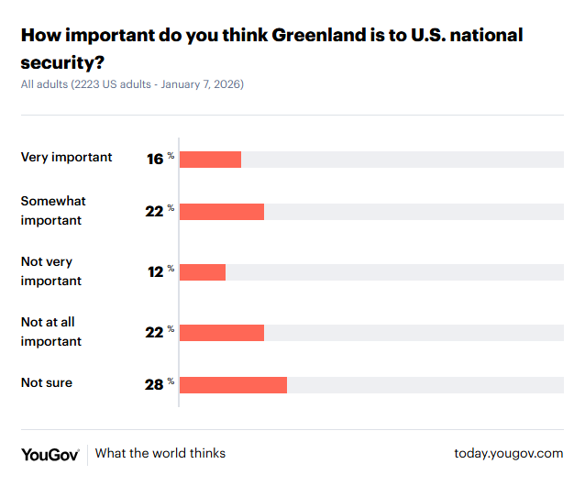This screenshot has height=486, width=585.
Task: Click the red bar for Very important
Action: click(210, 159)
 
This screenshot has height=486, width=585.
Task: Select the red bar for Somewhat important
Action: click(222, 211)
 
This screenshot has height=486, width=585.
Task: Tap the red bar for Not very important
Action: click(203, 272)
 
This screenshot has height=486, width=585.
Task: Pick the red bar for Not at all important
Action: click(222, 333)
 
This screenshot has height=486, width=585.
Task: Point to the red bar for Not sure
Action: click(233, 384)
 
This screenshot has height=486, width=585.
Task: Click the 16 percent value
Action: click(155, 159)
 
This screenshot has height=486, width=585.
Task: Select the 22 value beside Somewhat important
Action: click(154, 211)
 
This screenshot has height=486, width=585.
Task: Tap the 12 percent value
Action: click(155, 272)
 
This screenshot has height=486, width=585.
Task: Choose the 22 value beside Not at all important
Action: click(154, 333)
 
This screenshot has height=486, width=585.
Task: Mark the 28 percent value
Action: click(154, 384)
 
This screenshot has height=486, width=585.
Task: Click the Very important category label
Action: click(67, 157)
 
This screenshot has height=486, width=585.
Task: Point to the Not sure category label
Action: click(47, 382)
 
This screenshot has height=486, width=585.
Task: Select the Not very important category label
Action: click(51, 271)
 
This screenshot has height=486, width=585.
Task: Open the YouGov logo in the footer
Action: click(50, 454)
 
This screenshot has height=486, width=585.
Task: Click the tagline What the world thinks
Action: click(160, 453)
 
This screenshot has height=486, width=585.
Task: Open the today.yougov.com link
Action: click(508, 453)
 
